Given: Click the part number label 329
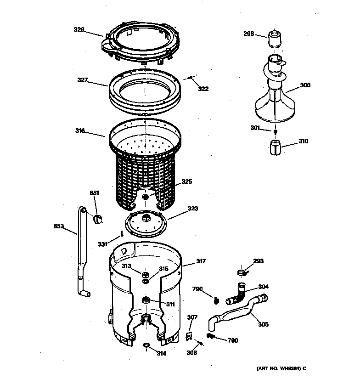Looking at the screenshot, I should click(x=79, y=30).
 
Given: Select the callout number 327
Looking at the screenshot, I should click(x=82, y=79).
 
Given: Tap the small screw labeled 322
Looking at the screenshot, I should click(x=191, y=78).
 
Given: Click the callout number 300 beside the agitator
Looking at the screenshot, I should click(x=305, y=85).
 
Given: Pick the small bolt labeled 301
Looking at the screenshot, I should click(x=275, y=132).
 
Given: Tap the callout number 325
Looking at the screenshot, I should click(x=186, y=181).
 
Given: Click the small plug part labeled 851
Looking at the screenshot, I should click(x=97, y=219).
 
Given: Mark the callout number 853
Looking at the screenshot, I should click(x=58, y=226).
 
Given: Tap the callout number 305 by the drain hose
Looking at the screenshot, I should click(x=263, y=324).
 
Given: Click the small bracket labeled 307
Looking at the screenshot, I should click(x=188, y=336).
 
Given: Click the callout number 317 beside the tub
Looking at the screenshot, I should click(x=201, y=262).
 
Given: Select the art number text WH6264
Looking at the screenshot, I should click(x=278, y=368).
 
